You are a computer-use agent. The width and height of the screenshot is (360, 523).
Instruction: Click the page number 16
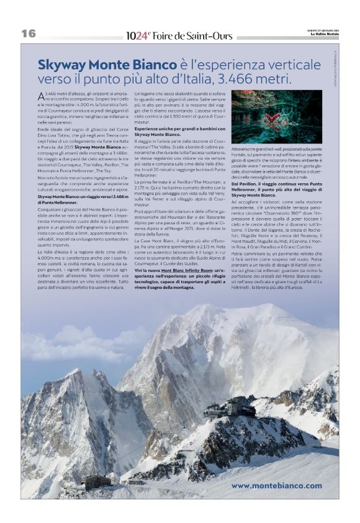(29, 34)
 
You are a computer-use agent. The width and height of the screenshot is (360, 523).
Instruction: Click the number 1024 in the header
(136, 35)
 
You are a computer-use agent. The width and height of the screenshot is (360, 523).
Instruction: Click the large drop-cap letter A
(41, 96)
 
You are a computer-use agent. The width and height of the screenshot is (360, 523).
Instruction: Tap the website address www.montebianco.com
(276, 485)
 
